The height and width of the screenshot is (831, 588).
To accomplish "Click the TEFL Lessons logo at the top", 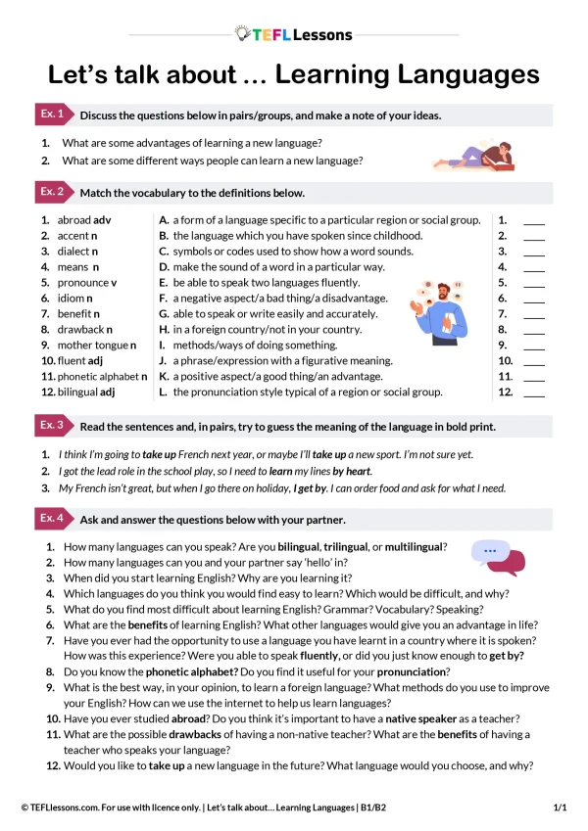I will pos(294,34).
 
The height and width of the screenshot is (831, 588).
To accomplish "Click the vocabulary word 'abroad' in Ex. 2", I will pos(73,220).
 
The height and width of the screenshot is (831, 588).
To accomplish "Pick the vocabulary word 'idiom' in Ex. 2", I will pos(71,298).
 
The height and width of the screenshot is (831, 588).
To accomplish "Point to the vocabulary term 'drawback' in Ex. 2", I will pos(79,329).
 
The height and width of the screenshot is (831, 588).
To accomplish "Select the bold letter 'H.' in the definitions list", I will pos(165,329).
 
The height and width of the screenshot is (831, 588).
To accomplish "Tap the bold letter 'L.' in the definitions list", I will pos(164,392).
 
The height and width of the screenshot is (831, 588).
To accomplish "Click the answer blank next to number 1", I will pos(534,221).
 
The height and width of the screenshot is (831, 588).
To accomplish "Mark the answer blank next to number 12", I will pos(534,392).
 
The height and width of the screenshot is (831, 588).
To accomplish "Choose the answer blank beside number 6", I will pos(534,299).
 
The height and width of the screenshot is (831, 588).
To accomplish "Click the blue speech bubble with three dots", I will pos(488,551).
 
